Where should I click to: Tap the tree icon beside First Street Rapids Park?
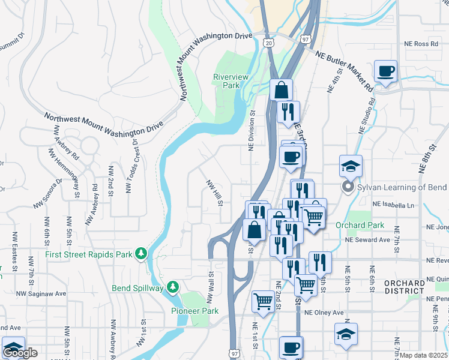click(142, 254)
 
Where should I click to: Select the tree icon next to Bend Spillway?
click(173, 288)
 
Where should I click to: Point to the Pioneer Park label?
click(194, 310)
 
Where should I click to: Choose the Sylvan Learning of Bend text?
click(402, 188)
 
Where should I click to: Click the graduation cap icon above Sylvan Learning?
click(351, 166)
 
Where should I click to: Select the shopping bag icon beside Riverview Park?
click(281, 90)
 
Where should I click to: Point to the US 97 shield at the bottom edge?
click(234, 353)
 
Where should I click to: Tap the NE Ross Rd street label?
click(421, 44)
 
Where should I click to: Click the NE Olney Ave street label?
click(324, 313)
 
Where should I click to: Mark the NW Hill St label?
click(214, 193)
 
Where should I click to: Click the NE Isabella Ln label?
click(393, 205)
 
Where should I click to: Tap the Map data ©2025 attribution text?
click(424, 355)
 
